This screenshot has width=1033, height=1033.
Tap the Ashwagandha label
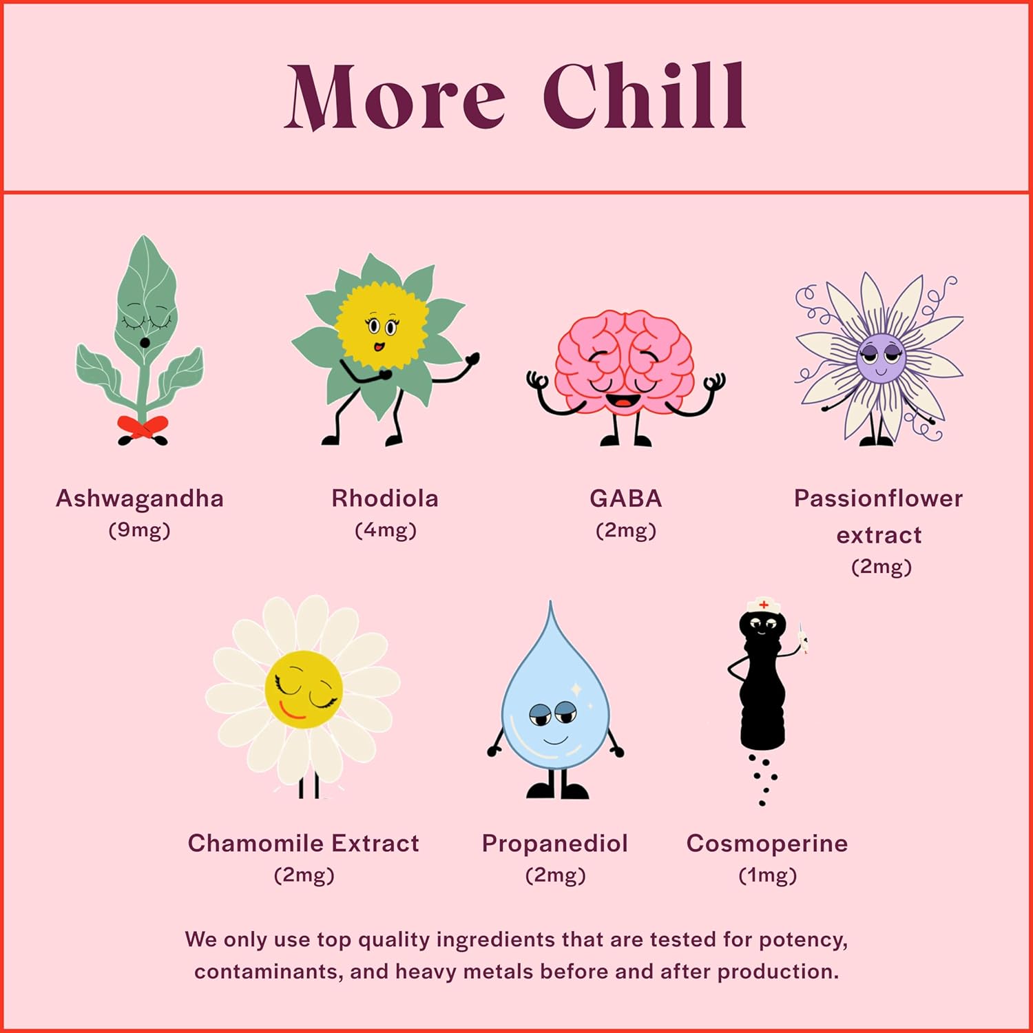point(140,499)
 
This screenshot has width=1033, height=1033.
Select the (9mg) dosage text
point(139,530)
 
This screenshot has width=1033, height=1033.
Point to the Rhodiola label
point(385,499)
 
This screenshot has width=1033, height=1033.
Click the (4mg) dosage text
point(386,530)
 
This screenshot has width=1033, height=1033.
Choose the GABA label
point(625,499)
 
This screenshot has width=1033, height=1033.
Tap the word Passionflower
point(878,499)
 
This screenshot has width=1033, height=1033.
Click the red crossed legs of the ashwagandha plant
point(143,428)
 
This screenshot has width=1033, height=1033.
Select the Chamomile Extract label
point(304,844)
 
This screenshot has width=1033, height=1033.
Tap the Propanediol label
point(555,844)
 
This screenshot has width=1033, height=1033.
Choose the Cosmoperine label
point(767,844)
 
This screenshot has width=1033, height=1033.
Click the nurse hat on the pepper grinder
point(763,605)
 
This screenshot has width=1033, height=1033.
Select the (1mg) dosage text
point(767,875)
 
